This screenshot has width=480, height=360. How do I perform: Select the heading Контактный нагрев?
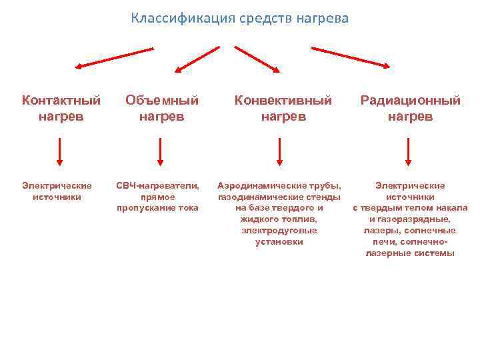[x=61, y=108]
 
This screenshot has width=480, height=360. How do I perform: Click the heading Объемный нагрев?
[x=162, y=108]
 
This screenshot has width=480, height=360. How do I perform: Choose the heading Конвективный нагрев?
[x=283, y=108]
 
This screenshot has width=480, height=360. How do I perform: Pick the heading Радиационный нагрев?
[x=410, y=108]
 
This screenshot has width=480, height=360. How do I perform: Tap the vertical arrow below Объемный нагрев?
[x=161, y=151]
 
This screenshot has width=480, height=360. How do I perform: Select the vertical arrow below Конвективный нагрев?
[x=279, y=151]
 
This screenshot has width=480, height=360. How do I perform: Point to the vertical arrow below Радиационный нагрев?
[x=409, y=151]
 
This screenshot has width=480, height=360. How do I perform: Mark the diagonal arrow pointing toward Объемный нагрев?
[x=197, y=59]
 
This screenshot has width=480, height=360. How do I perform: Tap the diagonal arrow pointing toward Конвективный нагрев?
[x=257, y=59]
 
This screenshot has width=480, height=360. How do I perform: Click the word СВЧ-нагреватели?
[x=157, y=185]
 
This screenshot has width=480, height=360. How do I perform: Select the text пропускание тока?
[x=157, y=207]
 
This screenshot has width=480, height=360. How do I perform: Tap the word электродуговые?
[x=279, y=230]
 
